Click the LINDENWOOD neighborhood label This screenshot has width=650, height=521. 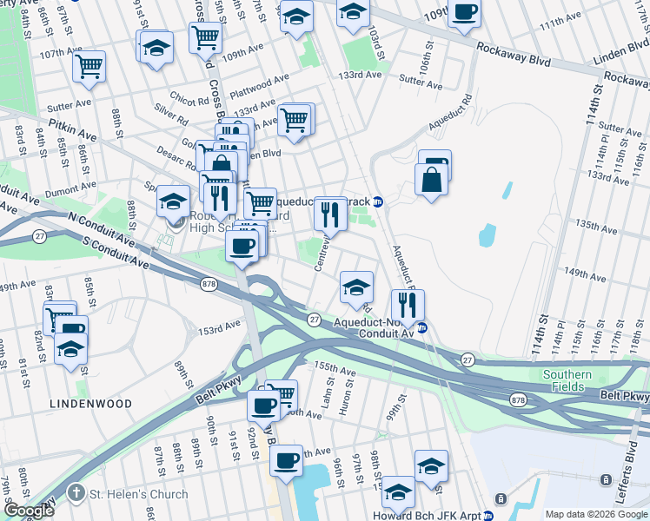90,404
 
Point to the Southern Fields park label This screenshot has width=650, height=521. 567,380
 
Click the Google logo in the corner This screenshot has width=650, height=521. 28,511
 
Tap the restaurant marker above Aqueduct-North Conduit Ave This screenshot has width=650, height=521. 408,304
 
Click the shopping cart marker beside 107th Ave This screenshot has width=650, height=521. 89,66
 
